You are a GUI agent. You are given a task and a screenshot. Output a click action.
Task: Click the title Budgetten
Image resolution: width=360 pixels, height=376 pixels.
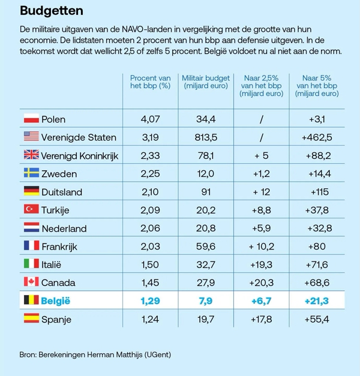click(x=52, y=11)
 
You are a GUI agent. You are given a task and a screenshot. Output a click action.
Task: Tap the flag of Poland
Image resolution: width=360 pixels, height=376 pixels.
click(x=31, y=119)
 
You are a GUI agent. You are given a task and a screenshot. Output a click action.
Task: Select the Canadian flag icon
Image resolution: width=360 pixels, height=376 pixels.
click(x=31, y=282)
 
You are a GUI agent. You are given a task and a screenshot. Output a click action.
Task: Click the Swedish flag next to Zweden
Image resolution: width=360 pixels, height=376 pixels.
click(x=31, y=173)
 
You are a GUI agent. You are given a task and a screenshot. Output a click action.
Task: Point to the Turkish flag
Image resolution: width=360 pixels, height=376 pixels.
click(x=31, y=209)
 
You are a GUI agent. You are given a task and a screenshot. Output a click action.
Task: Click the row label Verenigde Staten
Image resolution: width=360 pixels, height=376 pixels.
click(x=79, y=137)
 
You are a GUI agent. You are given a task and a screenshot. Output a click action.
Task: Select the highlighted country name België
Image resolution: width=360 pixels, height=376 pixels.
click(x=56, y=300)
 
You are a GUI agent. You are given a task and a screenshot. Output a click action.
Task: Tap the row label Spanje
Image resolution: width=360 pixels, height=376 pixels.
click(x=56, y=319)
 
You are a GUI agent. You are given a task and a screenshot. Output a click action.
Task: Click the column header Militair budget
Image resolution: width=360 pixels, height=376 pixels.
click(x=206, y=82)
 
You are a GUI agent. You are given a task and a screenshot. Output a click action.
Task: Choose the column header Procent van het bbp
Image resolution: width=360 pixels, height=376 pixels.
click(x=150, y=82)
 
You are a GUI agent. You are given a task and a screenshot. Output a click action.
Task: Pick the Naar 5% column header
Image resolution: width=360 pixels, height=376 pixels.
click(x=317, y=86)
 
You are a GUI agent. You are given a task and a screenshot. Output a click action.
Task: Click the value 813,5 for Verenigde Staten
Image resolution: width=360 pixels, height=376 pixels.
click(x=206, y=137)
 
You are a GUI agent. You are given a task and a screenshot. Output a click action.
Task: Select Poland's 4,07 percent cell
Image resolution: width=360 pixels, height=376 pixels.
click(x=150, y=119)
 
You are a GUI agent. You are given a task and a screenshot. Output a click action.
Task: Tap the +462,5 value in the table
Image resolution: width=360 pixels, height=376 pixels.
click(x=317, y=137)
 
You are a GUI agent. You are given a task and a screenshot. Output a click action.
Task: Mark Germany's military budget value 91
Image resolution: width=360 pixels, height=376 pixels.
click(x=206, y=192)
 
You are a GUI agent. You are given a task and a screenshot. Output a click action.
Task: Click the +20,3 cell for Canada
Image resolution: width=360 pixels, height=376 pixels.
click(x=262, y=282)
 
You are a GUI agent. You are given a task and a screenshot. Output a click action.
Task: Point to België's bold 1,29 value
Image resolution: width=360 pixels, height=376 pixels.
click(x=150, y=300)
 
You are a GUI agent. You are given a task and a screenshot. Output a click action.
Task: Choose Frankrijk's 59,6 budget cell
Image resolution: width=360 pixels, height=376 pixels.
click(x=206, y=246)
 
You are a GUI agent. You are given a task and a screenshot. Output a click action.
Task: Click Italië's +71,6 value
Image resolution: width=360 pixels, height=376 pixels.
click(x=317, y=264)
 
